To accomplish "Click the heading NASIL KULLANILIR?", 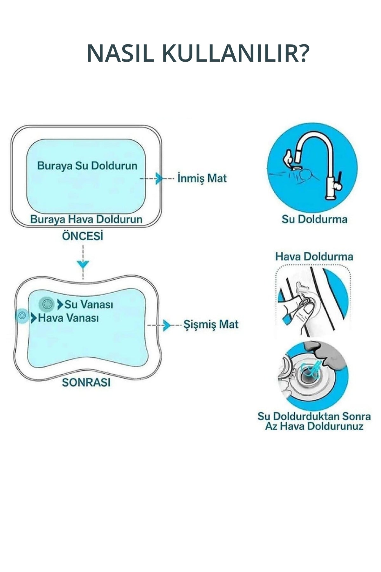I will point(197,53).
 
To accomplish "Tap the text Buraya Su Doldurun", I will point(87,166).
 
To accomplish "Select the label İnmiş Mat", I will point(202,178).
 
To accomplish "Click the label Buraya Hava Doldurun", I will point(86,219).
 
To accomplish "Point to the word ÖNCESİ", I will point(83,236).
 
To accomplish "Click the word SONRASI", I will point(86,382).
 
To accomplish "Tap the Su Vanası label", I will point(89,304).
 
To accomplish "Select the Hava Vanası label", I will point(68,318).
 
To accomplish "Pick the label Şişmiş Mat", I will point(211,324).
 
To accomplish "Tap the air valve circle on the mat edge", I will point(22,316).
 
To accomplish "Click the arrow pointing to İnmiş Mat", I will point(159,178).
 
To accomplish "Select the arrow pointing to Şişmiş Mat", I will point(166,325).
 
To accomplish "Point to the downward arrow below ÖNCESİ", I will point(83,264).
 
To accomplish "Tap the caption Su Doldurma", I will point(314,219).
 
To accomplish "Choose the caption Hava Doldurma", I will point(314,256).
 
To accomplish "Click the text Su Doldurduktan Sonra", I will point(314,416).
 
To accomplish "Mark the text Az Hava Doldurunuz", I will point(314,426).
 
